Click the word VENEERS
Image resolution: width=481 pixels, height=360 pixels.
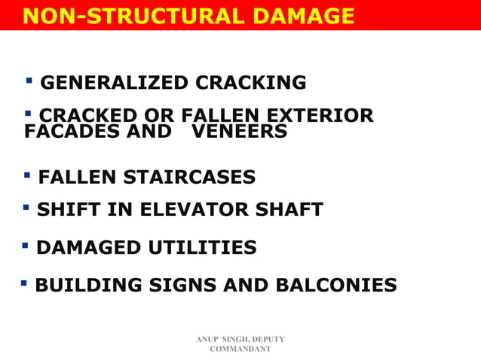(239, 132)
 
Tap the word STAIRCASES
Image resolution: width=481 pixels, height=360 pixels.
(189, 178)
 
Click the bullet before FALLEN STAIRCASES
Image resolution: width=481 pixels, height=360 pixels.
(27, 175)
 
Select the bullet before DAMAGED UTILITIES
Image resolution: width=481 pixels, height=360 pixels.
(25, 245)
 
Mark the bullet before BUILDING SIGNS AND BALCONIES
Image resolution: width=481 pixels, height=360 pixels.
(24, 283)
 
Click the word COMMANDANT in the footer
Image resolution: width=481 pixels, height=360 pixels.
(240, 349)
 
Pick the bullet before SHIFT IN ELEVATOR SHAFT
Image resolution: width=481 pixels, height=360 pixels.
(26, 206)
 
